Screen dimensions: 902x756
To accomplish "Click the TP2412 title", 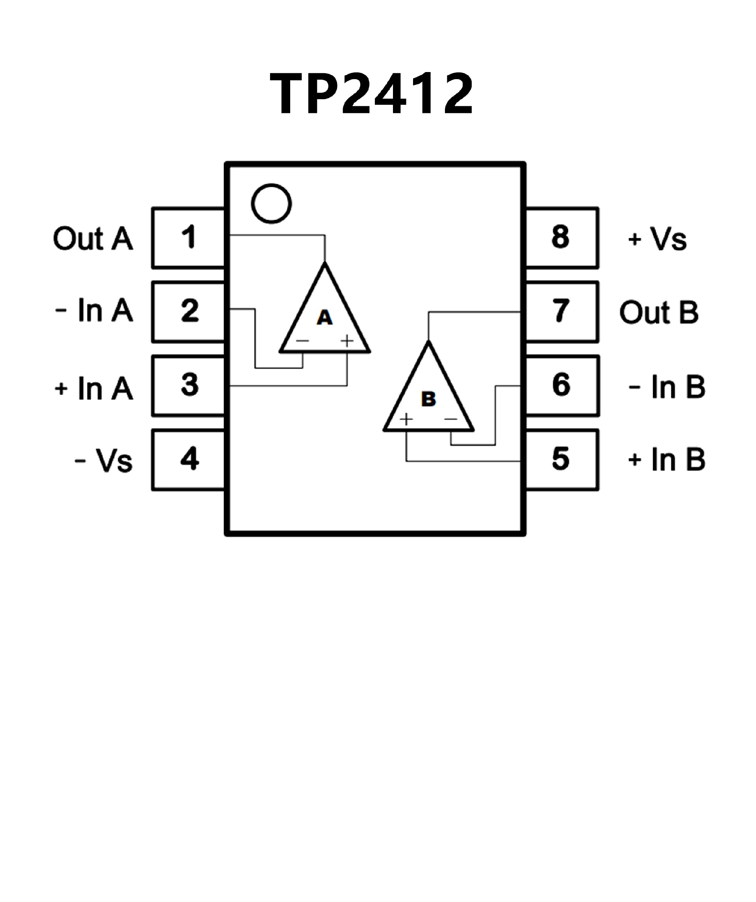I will click(372, 93).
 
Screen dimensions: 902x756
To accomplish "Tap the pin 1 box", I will click(189, 237).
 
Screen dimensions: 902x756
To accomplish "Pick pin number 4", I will click(189, 459).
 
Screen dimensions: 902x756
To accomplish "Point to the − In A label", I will click(94, 311).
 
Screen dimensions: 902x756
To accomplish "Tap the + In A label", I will click(94, 389).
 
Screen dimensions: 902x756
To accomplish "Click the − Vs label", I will click(104, 461).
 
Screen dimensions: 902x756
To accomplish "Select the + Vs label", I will click(657, 239).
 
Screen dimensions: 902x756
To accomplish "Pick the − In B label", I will click(667, 387).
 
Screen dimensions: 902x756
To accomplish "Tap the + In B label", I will click(667, 460).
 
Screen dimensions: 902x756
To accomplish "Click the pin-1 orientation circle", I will click(271, 204).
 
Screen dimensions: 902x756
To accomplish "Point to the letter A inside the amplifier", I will click(324, 318).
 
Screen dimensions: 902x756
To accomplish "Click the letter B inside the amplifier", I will click(429, 399).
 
